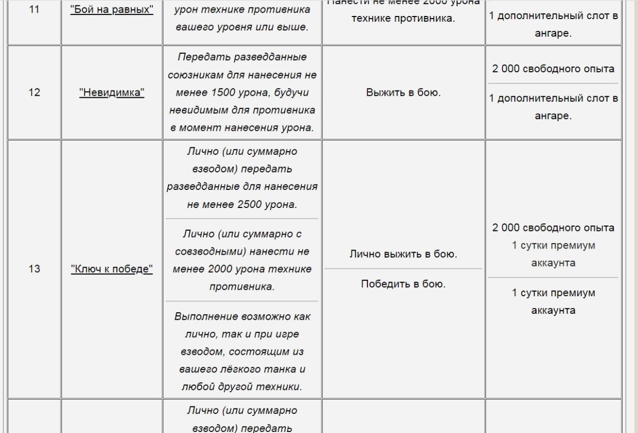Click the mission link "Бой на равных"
pyautogui.click(x=112, y=11)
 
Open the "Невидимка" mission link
pyautogui.click(x=112, y=93)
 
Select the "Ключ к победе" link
pyautogui.click(x=112, y=269)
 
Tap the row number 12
pyautogui.click(x=33, y=93)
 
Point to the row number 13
pyautogui.click(x=33, y=269)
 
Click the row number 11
pyautogui.click(x=33, y=11)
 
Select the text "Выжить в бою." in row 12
pyautogui.click(x=404, y=93)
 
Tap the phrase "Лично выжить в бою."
pyautogui.click(x=404, y=254)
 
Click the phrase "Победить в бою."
pyautogui.click(x=404, y=284)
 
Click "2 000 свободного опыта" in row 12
pyautogui.click(x=553, y=69)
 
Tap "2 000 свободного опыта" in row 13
pyautogui.click(x=553, y=228)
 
